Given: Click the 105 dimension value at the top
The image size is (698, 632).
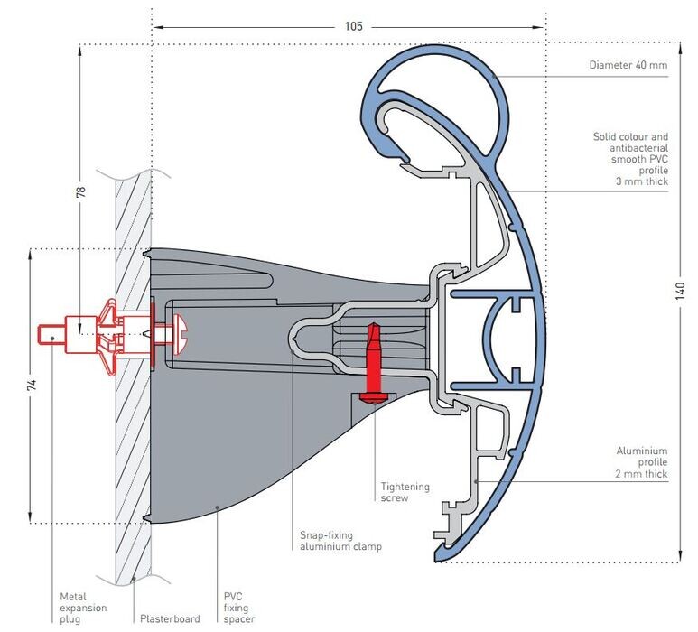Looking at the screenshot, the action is pos(353,26).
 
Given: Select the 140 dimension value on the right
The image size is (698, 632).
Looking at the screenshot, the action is pos(680,291).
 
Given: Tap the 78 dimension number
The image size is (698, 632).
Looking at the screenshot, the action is pos(80,191).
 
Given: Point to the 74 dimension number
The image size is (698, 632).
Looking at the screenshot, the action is pos(32,386).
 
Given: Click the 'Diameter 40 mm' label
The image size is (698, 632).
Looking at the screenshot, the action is pos(628,65).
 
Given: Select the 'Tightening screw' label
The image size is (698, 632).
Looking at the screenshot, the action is pos(405,492).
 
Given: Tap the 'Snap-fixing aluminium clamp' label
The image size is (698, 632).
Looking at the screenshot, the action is pos(340,541).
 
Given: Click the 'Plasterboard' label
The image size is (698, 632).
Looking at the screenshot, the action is pos(170,618).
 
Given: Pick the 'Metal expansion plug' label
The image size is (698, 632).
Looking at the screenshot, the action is pos(83,608).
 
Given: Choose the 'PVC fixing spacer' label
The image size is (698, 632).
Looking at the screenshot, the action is pos(239,608).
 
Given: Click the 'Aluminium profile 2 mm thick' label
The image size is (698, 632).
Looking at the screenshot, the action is pos(641,462).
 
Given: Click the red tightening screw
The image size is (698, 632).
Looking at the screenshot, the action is pos(373,364).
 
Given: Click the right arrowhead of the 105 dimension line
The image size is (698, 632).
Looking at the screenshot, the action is pos(539,27).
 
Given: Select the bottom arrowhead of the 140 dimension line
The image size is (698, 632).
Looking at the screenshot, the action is pos(680,556).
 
